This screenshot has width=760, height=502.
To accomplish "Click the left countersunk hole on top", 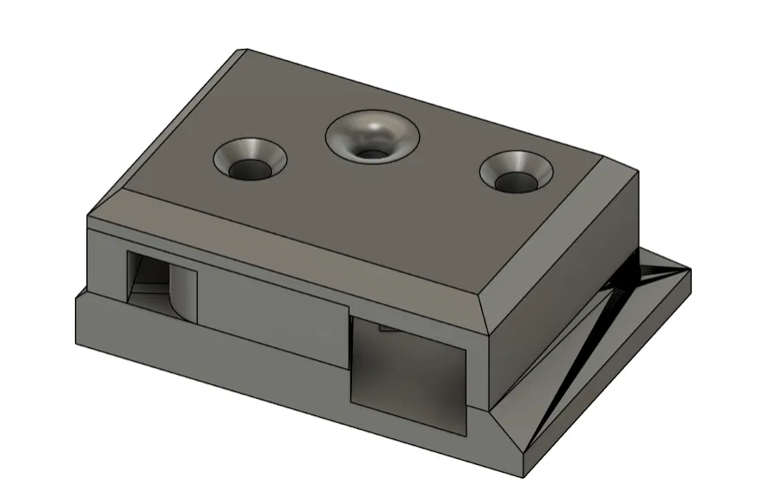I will coord(250,161).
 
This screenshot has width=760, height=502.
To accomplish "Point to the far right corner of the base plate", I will coord(693,275).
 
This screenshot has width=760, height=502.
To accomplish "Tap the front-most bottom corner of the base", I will coord(526,471).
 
